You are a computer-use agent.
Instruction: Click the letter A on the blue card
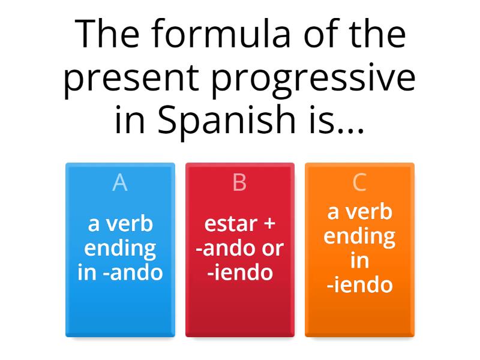120,182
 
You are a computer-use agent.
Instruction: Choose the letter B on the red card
239,182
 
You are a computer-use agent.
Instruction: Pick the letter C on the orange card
359,182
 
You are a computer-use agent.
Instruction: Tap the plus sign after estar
269,224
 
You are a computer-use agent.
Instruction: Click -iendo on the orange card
360,284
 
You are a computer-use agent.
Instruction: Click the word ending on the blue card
120,248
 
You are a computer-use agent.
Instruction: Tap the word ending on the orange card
359,236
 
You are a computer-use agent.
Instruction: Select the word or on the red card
272,248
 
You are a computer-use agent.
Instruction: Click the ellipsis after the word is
351,123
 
